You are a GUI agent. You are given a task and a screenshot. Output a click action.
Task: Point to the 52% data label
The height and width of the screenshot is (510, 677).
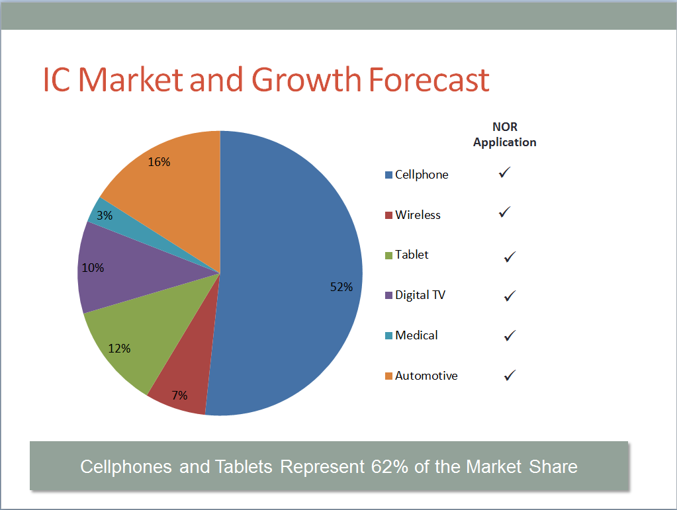pos(341,287)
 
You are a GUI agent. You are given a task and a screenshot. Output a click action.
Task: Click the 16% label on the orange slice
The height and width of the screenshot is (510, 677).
pos(159,161)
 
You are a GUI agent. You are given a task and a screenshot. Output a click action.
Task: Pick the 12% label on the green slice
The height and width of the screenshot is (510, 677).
pos(119,349)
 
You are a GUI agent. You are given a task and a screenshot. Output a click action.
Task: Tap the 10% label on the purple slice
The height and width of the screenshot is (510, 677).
pos(93,268)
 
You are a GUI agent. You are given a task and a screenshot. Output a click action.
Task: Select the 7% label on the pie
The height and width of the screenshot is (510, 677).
pos(179,396)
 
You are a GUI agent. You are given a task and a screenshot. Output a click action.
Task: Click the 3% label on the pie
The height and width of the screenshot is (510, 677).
pos(105,216)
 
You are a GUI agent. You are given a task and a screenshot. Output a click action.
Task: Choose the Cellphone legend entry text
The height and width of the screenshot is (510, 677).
pos(422,175)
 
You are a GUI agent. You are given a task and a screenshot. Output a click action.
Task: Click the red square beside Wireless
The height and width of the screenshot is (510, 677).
pos(389,216)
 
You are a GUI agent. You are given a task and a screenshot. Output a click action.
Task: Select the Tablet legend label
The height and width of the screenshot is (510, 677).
pos(412,255)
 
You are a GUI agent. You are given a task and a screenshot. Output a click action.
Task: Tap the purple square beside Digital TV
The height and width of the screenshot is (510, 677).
pos(389,296)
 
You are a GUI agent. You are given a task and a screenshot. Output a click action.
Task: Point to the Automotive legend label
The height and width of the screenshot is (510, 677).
pos(426,376)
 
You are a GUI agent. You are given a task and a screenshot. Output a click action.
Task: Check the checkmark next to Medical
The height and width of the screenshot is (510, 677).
pos(510,335)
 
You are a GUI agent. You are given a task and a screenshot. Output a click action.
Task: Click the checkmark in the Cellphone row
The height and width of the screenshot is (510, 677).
pos(505,173)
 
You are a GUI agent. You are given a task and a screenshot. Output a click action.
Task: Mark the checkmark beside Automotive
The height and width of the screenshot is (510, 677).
pos(510,375)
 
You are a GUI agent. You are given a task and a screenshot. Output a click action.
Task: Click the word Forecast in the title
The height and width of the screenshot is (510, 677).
pos(428,79)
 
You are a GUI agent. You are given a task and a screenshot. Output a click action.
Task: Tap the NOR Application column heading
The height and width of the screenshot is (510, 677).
pos(505,134)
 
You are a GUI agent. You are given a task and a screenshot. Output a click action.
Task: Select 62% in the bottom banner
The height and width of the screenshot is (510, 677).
pos(385,466)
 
